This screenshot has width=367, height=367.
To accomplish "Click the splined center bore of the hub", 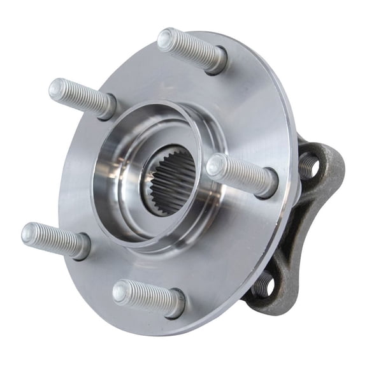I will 168,180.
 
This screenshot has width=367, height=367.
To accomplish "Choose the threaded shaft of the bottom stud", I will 148,298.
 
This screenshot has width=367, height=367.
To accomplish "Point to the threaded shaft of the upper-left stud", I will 83,97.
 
